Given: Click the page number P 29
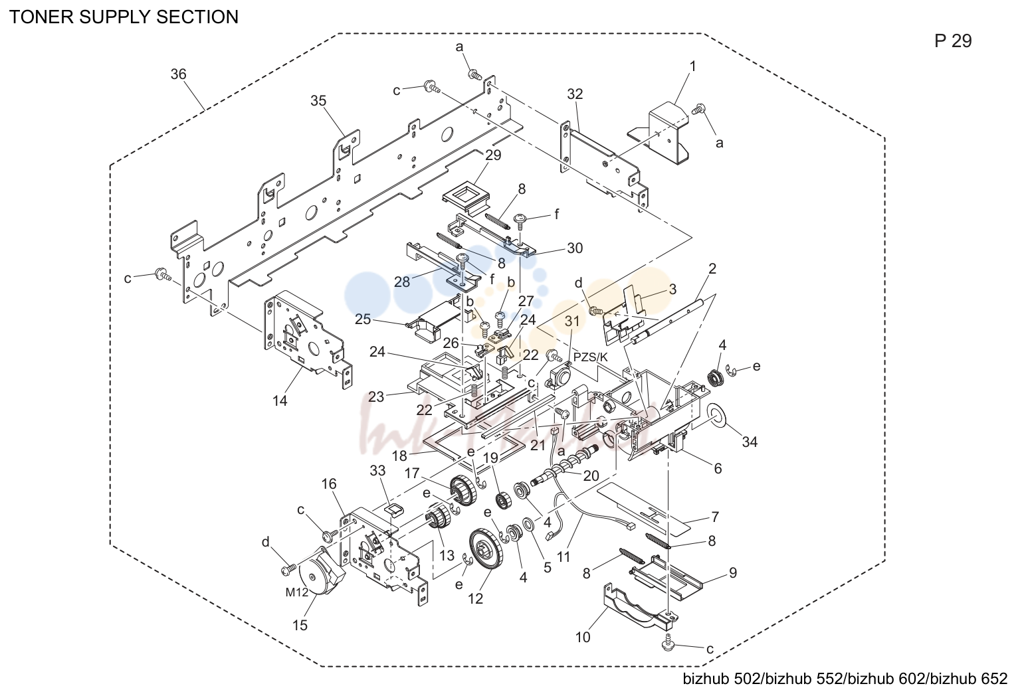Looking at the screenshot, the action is coord(953,41).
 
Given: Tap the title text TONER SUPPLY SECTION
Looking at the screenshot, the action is coord(124,17).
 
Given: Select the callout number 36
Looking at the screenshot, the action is coord(179,74).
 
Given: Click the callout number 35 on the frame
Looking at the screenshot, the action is coord(318,100).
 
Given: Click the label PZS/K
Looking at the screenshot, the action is coord(590,357).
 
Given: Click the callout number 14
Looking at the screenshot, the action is coord(280,401).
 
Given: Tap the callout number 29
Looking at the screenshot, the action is coord(493,155).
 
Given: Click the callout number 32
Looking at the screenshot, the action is coord(575,94).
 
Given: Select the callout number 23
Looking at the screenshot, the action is coord(376,397).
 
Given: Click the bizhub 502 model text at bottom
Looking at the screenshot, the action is coord(722,679).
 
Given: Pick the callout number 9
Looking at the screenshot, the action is coord(733,572).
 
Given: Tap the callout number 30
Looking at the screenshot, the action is coord(575,248).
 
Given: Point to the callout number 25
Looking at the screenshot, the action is coord(363,319).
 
